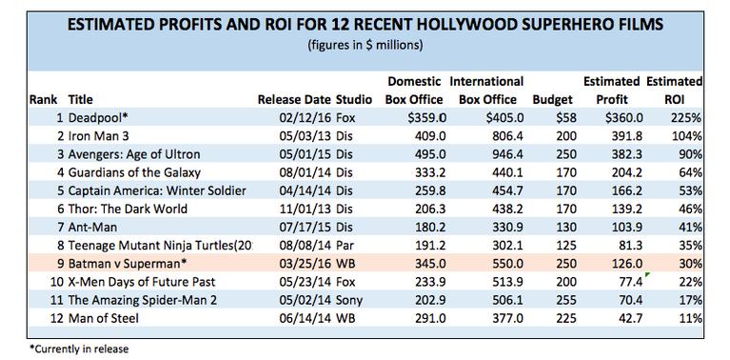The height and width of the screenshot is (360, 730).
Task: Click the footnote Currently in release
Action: [66, 349]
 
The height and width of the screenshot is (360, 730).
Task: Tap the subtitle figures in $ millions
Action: [365, 46]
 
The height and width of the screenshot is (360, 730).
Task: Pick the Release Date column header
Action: [293, 98]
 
